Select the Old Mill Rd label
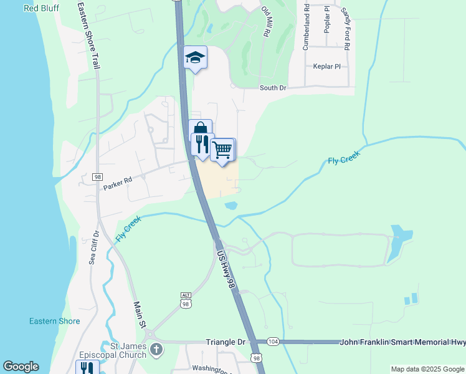pos(265,22)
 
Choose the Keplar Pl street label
pos(327,66)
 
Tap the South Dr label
pos(272,88)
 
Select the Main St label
pos(140,315)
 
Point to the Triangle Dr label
pos(226,342)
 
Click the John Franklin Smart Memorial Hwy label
pos(402,342)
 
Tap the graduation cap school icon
pos(196,58)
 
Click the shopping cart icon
pos(222,150)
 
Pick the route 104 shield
pos(273,342)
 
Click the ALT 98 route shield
pos(186,302)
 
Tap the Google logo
pos(21,367)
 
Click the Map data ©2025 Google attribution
pos(427,369)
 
